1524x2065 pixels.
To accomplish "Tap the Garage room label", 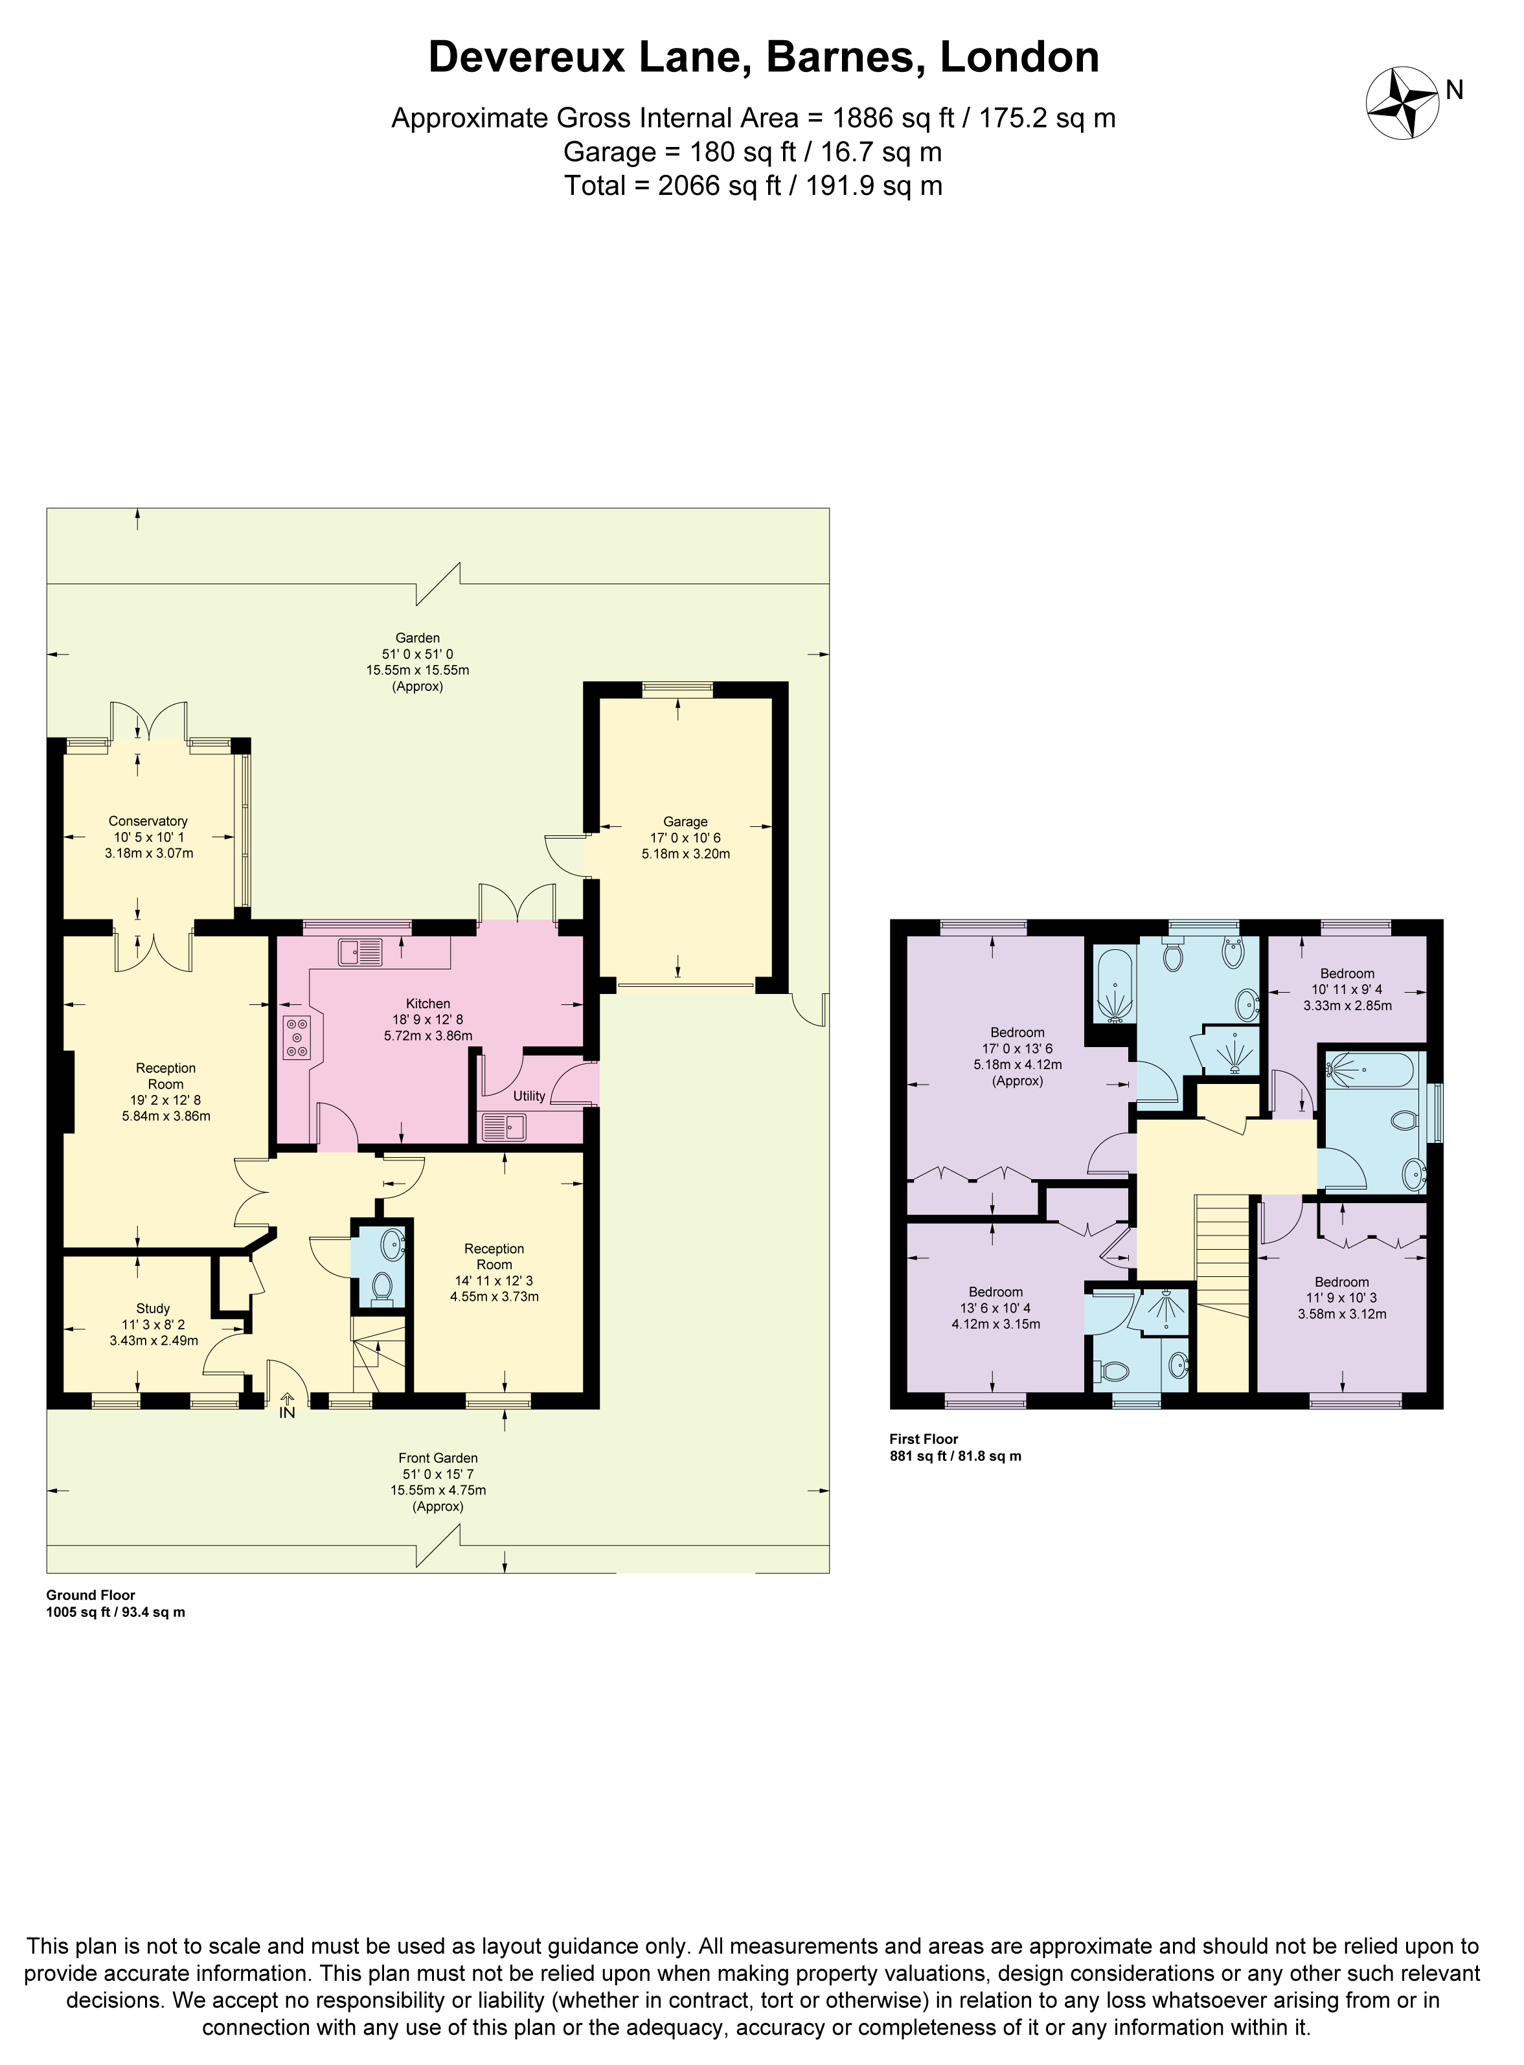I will pyautogui.click(x=685, y=821).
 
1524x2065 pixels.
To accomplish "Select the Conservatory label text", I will pyautogui.click(x=148, y=821).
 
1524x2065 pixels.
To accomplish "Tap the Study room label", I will pyautogui.click(x=152, y=1308).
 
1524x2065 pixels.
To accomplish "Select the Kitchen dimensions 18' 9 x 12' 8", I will pyautogui.click(x=428, y=1019).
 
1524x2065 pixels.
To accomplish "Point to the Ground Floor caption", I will pyautogui.click(x=91, y=1595).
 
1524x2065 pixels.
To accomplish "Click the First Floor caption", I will pyautogui.click(x=924, y=1439).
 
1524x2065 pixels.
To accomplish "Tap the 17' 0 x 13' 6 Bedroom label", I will pyautogui.click(x=1018, y=1032).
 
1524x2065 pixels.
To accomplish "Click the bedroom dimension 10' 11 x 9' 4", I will pyautogui.click(x=1347, y=989).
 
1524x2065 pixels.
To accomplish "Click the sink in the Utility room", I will pyautogui.click(x=504, y=1127).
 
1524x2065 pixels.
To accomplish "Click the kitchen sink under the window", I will pyautogui.click(x=359, y=951).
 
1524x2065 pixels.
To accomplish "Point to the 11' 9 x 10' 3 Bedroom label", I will pyautogui.click(x=1341, y=1282).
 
